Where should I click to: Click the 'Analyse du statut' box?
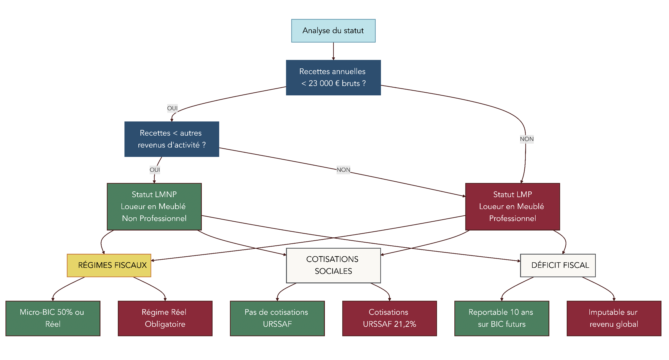click(333, 31)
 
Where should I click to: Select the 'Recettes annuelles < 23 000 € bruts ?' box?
click(333, 78)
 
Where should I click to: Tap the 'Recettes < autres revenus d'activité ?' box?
click(172, 139)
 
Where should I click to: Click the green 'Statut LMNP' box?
click(154, 207)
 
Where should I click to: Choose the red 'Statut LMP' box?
click(513, 207)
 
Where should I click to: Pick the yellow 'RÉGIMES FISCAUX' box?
click(109, 265)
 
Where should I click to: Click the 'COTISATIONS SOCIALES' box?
click(333, 265)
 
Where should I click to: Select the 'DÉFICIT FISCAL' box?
click(558, 265)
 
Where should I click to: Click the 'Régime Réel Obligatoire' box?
click(165, 318)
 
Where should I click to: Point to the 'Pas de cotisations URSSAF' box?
click(277, 318)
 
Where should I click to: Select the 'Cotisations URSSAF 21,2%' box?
click(389, 318)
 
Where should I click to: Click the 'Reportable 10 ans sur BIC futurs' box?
click(502, 318)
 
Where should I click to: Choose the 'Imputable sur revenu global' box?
click(614, 318)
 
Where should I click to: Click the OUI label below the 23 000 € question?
click(172, 108)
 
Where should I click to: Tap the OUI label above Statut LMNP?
click(155, 170)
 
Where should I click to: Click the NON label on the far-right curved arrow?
click(527, 139)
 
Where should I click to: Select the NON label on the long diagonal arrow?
click(343, 170)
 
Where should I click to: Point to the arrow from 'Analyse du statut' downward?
click(333, 51)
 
